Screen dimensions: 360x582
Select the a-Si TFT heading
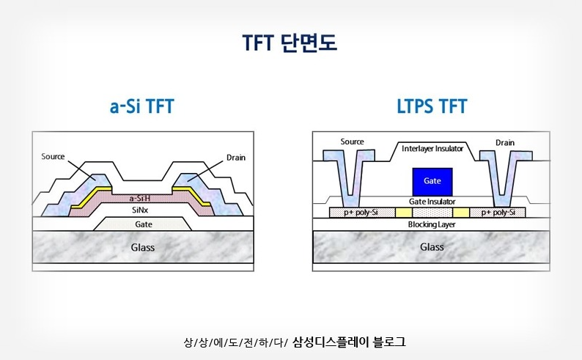[142, 107]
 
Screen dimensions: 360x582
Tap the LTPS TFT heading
[427, 107]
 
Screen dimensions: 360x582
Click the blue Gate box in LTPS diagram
[432, 180]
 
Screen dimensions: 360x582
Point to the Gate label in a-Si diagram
[143, 224]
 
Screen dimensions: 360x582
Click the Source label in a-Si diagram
[54, 156]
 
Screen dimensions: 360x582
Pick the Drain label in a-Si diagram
[236, 157]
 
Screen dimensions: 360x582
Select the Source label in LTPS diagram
[353, 142]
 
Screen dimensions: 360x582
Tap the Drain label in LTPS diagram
[505, 142]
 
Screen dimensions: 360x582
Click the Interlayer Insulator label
[432, 149]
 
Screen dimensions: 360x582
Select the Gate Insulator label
[432, 201]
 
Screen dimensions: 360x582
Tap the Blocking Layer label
[432, 224]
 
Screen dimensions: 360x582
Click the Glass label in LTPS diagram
[432, 247]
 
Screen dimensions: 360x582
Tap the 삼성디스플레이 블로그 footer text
[349, 342]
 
